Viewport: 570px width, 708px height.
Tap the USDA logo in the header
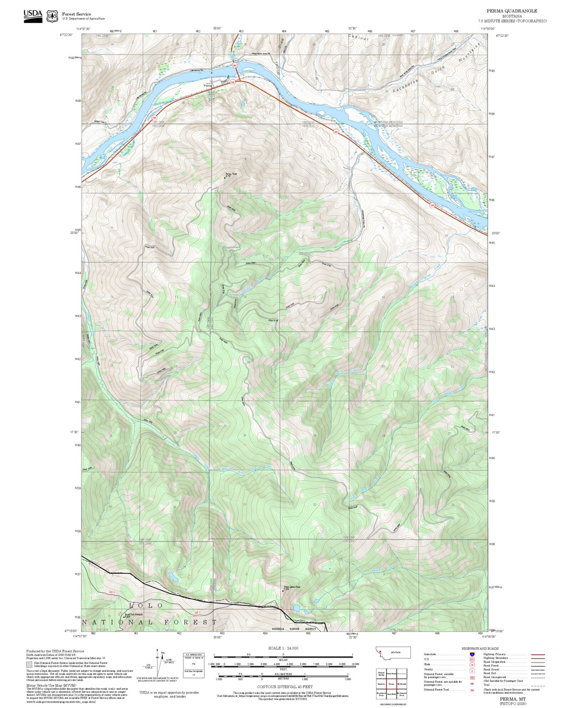coord(33,15)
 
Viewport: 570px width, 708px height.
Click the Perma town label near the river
coord(207,86)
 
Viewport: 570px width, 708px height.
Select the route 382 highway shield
coord(235,65)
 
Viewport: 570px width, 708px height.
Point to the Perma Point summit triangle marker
coord(225,178)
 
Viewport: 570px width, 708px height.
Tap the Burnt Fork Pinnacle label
coord(134,614)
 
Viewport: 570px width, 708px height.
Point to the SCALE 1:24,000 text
coord(283,648)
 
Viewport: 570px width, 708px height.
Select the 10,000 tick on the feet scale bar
coord(355,664)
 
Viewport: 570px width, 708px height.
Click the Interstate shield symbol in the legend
coord(472,654)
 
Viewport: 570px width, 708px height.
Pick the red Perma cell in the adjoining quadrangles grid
coord(391,684)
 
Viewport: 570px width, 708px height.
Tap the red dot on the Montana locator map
coord(380,652)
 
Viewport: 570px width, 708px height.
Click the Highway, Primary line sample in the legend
coord(538,654)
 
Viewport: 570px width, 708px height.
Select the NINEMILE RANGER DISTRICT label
coord(294,629)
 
